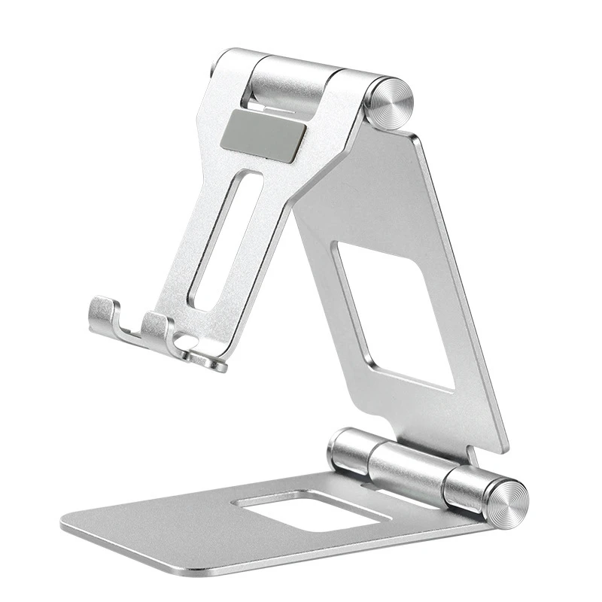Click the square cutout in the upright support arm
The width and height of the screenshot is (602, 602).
tap(395, 315)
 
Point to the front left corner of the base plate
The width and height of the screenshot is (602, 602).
tap(65, 518)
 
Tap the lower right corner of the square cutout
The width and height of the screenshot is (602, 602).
tap(453, 387)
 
